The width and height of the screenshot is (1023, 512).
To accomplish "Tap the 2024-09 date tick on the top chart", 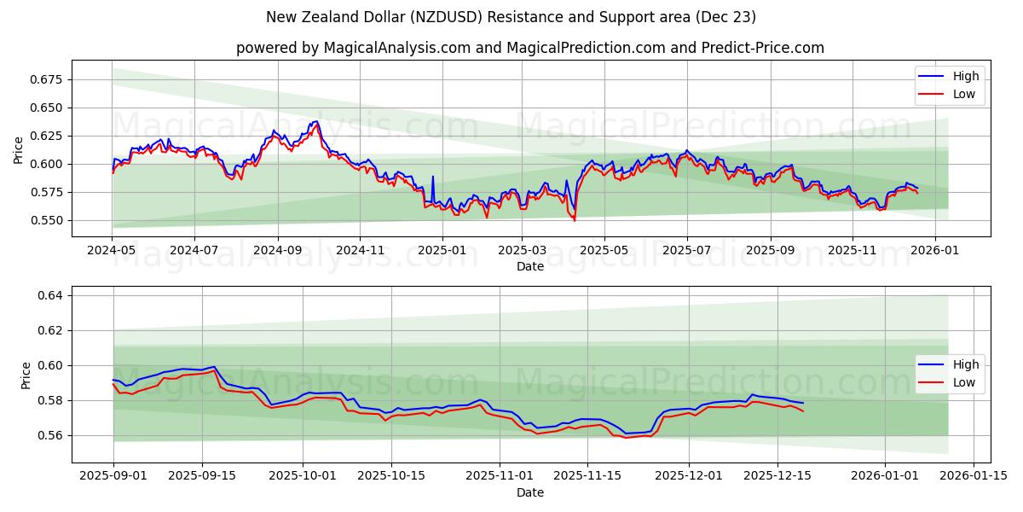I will (278, 250).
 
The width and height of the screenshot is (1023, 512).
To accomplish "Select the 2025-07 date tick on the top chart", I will (687, 250).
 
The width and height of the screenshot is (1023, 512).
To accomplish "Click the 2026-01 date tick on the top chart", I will (935, 250).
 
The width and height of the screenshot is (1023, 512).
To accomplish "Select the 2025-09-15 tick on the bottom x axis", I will (202, 476).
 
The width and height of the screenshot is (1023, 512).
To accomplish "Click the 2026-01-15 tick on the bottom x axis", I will (974, 476).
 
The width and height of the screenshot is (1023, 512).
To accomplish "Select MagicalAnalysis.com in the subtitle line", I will (397, 48).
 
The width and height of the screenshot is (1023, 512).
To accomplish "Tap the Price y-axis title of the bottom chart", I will (26, 375).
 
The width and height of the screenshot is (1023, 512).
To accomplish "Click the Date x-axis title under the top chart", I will (530, 266).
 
